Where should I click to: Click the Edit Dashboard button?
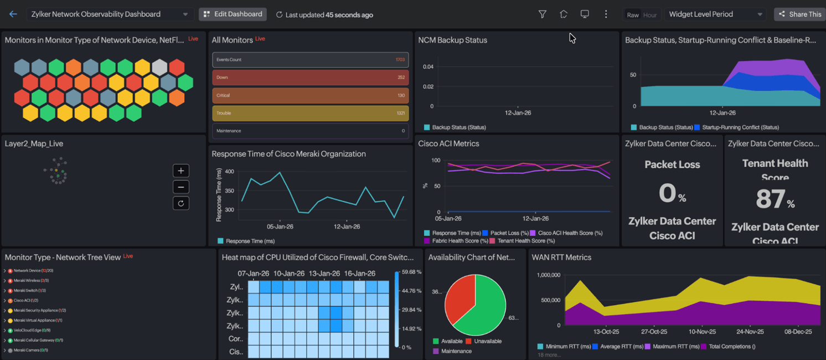pos(233,14)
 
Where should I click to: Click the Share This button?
pos(799,14)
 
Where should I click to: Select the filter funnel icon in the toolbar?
pos(542,14)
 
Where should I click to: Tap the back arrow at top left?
pos(13,14)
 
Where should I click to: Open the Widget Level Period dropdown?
pos(715,14)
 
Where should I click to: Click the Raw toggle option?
pos(633,15)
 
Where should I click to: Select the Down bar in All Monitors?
pos(310,78)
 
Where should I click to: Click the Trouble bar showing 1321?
pos(310,113)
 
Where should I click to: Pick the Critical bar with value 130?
pos(310,95)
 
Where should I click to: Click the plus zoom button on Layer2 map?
pos(180,171)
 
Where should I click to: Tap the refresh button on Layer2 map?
pos(180,203)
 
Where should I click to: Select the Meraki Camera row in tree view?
pos(30,350)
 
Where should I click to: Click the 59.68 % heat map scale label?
pos(412,272)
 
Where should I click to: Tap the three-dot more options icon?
pos(606,14)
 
